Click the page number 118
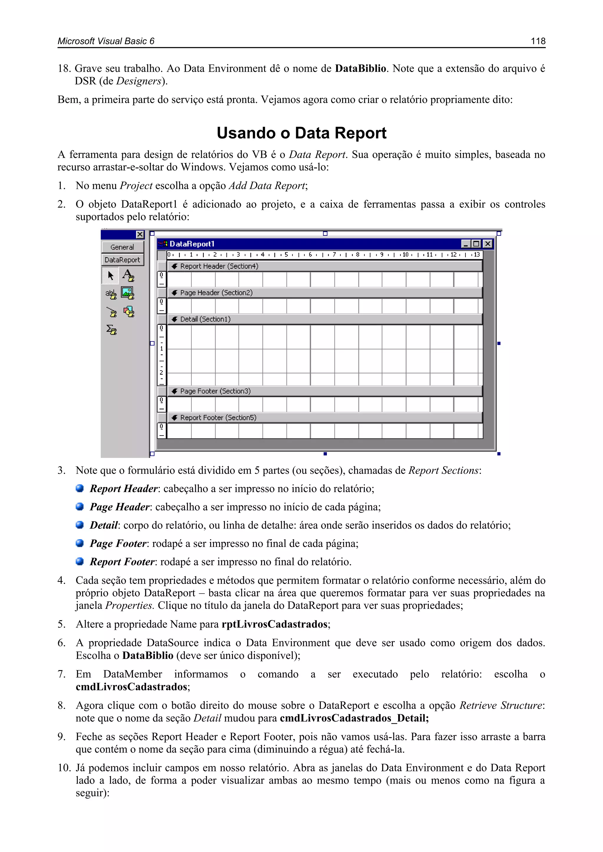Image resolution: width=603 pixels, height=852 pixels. pyautogui.click(x=538, y=41)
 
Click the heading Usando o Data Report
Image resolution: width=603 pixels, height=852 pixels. pyautogui.click(x=301, y=133)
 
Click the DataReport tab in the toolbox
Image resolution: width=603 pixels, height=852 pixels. pyautogui.click(x=122, y=260)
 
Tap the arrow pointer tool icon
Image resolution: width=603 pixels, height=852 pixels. pyautogui.click(x=110, y=275)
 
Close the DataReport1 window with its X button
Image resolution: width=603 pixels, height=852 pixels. pyautogui.click(x=488, y=244)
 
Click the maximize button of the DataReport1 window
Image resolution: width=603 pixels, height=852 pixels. pyautogui.click(x=476, y=244)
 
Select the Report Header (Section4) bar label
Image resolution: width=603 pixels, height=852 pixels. pyautogui.click(x=219, y=266)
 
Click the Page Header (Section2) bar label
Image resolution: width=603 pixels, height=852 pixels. pyautogui.click(x=216, y=293)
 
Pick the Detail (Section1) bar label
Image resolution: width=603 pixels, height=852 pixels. pyautogui.click(x=205, y=319)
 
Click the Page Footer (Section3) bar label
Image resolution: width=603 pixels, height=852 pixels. pyautogui.click(x=215, y=391)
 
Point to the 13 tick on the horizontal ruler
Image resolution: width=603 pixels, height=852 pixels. pyautogui.click(x=477, y=255)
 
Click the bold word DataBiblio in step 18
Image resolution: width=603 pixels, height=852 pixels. pyautogui.click(x=360, y=68)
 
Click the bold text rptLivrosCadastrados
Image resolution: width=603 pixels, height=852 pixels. pyautogui.click(x=274, y=624)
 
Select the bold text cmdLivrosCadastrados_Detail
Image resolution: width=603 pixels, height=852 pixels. pyautogui.click(x=354, y=718)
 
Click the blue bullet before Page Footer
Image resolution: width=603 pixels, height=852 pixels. pyautogui.click(x=79, y=543)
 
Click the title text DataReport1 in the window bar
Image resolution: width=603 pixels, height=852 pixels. pyautogui.click(x=192, y=244)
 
